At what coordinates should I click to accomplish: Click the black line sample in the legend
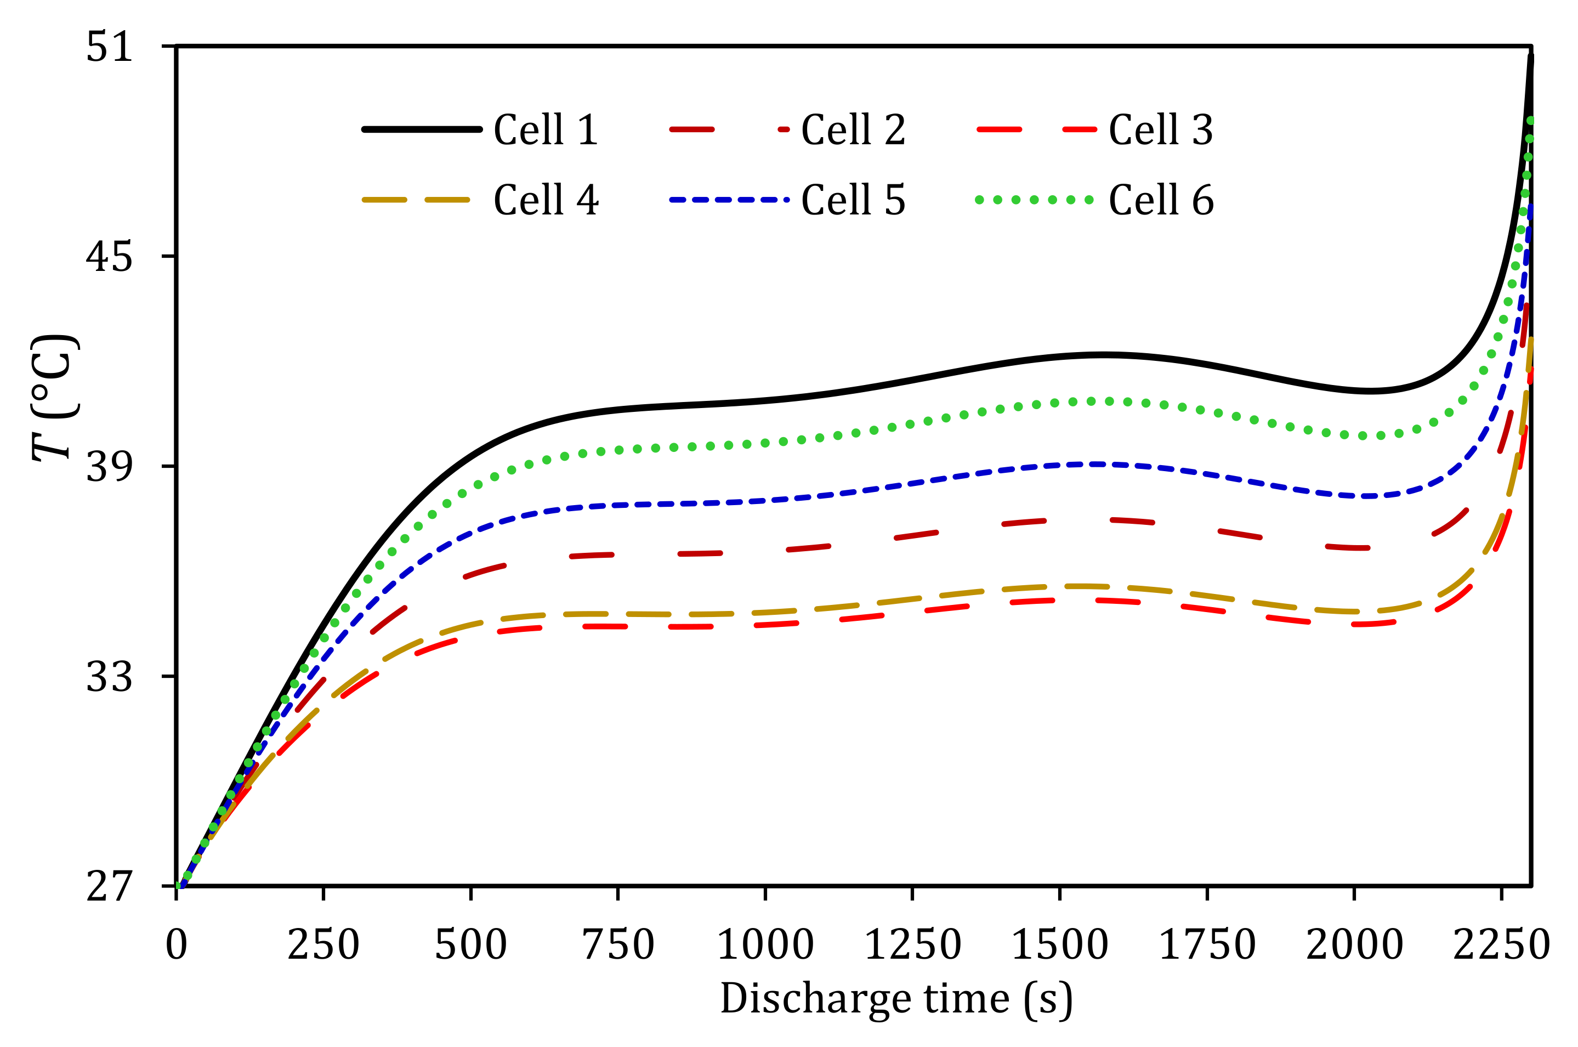point(422,129)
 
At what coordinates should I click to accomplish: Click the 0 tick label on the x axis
point(176,945)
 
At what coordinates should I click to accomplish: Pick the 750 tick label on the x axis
point(618,945)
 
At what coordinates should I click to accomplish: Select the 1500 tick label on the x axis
point(1060,945)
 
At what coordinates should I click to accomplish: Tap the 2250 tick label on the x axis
point(1501,945)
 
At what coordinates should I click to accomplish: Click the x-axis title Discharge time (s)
point(896,1000)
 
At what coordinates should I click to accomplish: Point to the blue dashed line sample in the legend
point(730,200)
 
